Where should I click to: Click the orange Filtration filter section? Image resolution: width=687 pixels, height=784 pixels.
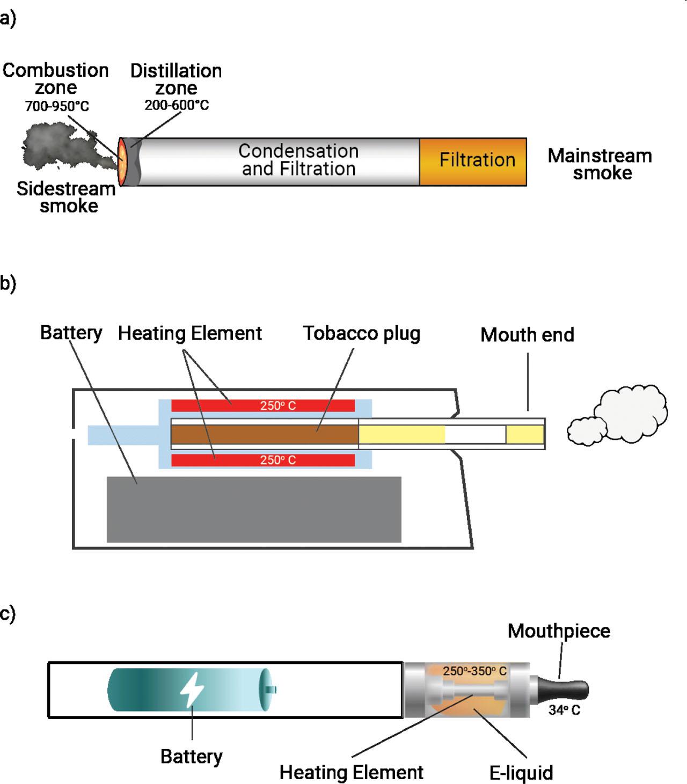473,161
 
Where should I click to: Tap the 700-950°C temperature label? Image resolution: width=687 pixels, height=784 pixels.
57,106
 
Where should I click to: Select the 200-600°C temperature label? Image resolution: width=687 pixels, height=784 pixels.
177,105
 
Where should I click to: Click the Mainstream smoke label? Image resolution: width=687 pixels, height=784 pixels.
600,164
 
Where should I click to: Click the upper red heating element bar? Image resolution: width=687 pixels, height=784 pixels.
263,406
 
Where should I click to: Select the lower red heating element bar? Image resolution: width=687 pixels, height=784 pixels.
263,460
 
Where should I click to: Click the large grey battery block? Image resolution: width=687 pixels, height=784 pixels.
254,509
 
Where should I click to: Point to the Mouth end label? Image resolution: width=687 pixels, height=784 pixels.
527,335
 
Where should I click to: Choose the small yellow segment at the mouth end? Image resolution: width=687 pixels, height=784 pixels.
525,434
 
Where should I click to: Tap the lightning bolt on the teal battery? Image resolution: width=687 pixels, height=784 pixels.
191,690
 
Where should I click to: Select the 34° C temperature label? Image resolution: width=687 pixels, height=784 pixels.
564,710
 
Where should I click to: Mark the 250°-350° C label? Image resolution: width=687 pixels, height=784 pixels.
474,671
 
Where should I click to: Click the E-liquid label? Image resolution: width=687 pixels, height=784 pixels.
521,773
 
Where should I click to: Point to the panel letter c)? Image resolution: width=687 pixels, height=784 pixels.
8,613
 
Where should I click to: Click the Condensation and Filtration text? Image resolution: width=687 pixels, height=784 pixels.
298,160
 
